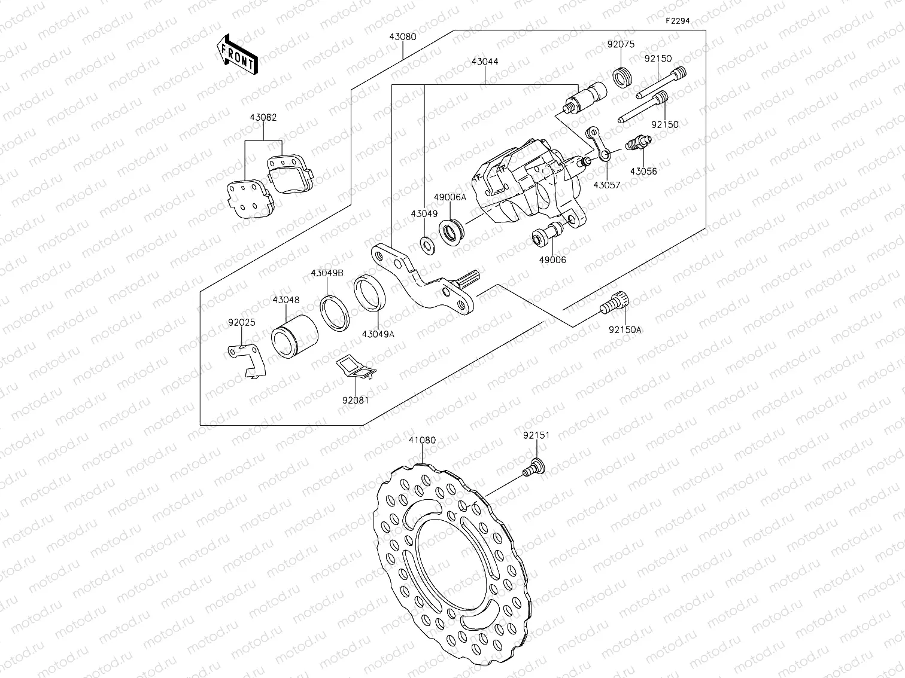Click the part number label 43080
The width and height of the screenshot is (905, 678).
[x=402, y=36]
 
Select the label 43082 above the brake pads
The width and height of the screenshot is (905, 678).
[x=263, y=118]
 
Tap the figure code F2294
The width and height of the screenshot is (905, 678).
[x=678, y=20]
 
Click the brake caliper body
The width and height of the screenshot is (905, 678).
[x=521, y=182]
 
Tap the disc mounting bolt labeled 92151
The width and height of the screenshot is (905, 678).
[x=533, y=467]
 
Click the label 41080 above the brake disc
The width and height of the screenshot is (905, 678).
[x=422, y=440]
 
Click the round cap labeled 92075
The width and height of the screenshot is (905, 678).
[x=622, y=78]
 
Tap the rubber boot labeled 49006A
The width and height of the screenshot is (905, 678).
[x=452, y=231]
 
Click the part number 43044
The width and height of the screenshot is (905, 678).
[x=484, y=62]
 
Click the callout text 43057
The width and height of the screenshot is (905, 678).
[x=607, y=185]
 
